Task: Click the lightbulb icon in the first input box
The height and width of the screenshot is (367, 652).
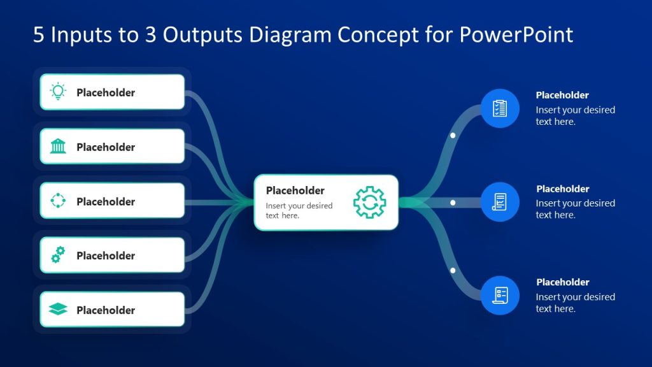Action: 58,92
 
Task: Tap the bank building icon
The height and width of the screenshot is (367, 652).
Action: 58,147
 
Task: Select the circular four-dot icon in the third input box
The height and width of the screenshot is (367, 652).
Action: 58,201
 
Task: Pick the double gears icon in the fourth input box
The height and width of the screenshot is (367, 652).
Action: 58,255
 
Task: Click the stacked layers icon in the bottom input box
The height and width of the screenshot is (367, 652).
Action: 58,310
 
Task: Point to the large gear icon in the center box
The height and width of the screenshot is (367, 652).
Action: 369,203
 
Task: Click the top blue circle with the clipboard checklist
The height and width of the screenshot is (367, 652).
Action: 500,108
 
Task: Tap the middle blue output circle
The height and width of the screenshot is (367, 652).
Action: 500,202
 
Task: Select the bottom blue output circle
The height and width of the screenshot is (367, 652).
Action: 500,295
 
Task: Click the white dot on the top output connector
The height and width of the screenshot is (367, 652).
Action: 453,136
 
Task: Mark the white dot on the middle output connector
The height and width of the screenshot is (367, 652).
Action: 453,203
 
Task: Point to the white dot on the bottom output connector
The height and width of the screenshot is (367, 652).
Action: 453,270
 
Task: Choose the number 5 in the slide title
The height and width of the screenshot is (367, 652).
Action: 39,34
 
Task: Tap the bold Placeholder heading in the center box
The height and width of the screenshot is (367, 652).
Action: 295,191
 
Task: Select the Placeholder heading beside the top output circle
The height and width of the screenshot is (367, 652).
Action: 562,95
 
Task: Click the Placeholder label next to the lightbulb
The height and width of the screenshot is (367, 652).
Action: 106,92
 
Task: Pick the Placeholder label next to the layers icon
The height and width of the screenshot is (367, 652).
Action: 106,310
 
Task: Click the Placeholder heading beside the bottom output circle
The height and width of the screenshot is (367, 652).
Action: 562,282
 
